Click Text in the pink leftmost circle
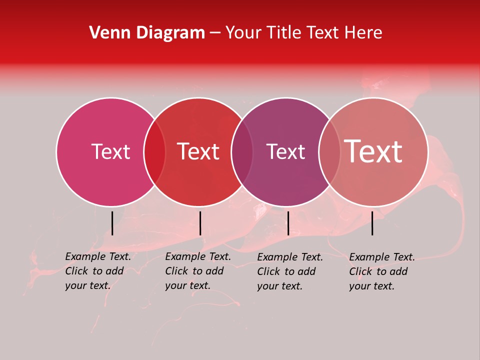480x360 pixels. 110,151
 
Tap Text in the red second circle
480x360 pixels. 198,151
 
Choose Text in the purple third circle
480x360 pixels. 285,151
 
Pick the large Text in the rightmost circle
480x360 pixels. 373,151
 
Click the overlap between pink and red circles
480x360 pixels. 154,152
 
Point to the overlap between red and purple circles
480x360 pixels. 242,152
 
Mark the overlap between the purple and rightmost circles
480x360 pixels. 329,152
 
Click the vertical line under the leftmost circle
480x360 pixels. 112,223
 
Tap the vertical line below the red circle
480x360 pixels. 200,223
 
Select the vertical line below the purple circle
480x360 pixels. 288,223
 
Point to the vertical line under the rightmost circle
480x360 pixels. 372,223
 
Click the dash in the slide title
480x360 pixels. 215,33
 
